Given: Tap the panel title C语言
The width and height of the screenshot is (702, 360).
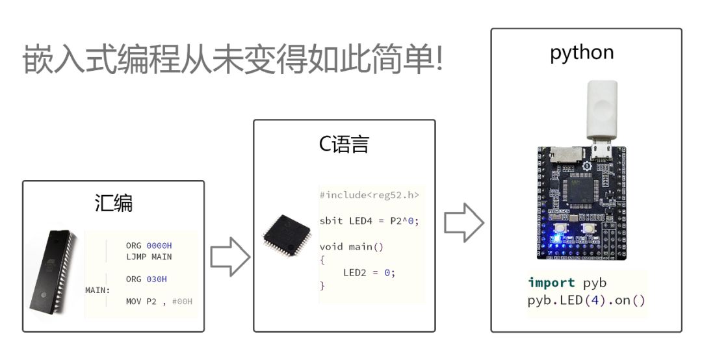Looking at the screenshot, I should tap(344, 144).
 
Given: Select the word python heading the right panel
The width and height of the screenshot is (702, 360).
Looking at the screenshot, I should tap(582, 52).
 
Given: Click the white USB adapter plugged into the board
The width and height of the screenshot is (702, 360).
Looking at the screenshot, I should tap(602, 112).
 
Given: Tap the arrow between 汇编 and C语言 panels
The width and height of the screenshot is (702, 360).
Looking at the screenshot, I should tap(229, 257).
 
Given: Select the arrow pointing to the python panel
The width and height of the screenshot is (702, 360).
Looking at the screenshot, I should tap(463, 223).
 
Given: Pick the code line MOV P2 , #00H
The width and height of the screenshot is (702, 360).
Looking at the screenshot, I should tap(159, 302).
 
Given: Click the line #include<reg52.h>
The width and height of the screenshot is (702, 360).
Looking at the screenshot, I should tap(369, 195).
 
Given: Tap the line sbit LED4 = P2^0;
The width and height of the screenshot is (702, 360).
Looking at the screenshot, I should tap(369, 221).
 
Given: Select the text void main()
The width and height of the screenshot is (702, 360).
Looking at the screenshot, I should tap(352, 246).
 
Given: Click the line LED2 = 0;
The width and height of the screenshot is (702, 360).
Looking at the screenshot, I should tap(369, 272).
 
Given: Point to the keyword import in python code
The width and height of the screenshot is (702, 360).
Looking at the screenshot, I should tap(551, 283).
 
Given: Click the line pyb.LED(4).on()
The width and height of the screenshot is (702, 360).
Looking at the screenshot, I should tap(586, 301).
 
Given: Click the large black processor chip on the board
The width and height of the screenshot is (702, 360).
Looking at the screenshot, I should tap(581, 190).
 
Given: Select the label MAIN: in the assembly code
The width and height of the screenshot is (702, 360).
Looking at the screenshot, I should tap(97, 290).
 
